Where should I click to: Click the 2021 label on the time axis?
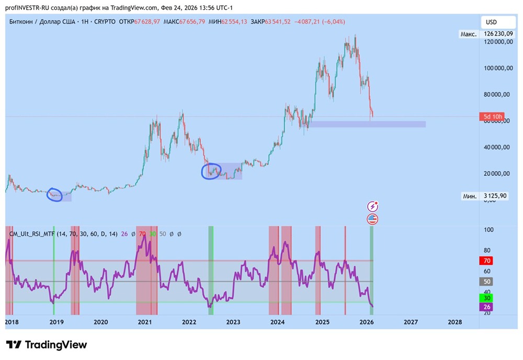(x=144, y=322)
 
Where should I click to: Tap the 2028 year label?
(x=455, y=322)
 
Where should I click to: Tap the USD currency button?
(x=492, y=22)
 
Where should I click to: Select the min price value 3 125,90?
(x=496, y=196)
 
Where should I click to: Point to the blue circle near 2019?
(x=55, y=195)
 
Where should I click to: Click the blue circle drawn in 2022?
(x=211, y=172)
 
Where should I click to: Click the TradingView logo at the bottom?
(x=47, y=345)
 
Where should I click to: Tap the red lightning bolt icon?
(x=373, y=206)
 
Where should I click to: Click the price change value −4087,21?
(x=308, y=21)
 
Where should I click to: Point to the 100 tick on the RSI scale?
(x=490, y=230)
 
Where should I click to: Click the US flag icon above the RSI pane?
(x=373, y=219)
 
